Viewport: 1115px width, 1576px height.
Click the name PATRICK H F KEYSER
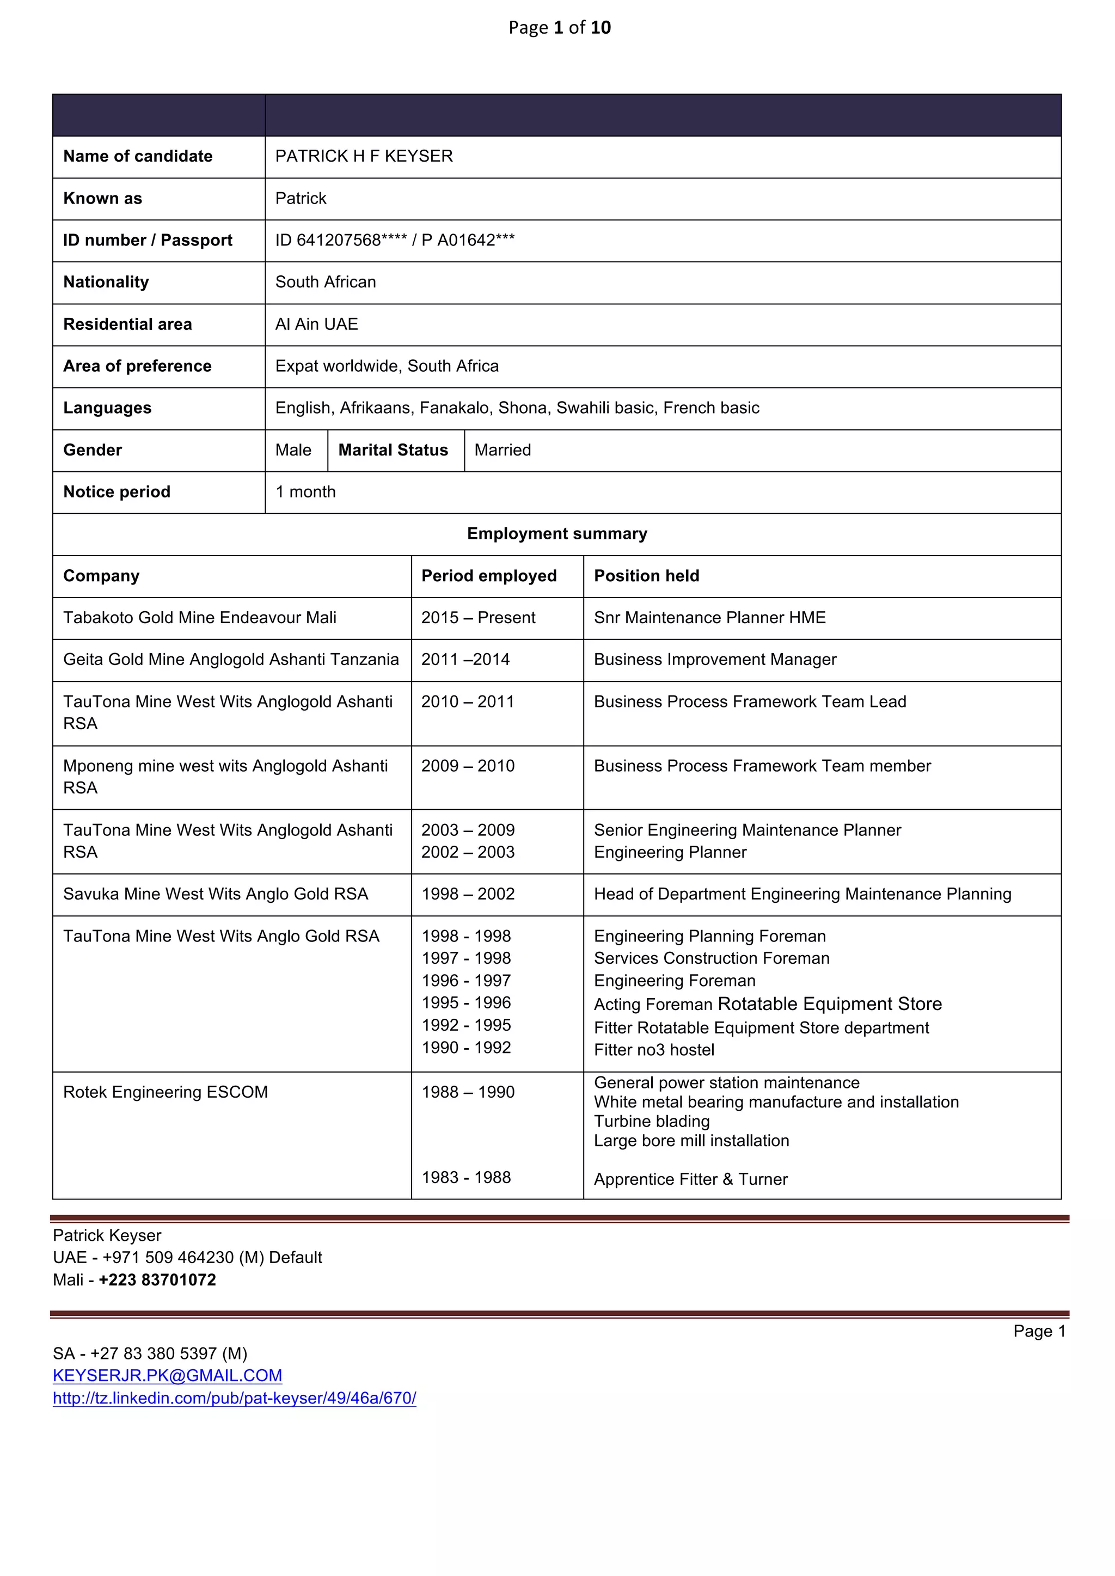pos(364,157)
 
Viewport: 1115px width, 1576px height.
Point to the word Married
pos(503,450)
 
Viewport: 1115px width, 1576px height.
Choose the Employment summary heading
pos(557,534)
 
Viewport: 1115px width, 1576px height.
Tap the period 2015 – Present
pos(478,618)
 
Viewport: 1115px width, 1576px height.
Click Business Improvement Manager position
pos(715,660)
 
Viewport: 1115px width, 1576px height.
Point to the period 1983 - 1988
pos(466,1177)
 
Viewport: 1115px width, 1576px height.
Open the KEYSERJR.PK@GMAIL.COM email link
pos(168,1376)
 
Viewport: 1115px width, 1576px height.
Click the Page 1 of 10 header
pos(559,27)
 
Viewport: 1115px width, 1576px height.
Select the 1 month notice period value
pos(305,492)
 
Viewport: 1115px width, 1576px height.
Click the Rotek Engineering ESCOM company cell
pos(166,1092)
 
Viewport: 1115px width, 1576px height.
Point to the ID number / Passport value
pos(395,240)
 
